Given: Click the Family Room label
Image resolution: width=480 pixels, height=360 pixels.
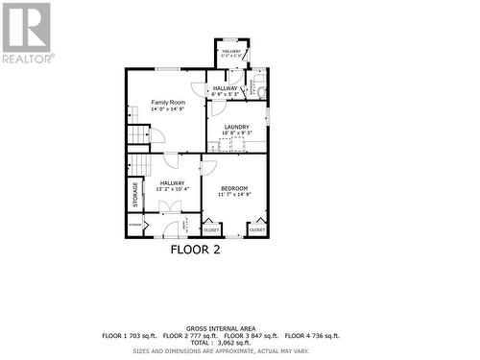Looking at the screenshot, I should click(166, 102).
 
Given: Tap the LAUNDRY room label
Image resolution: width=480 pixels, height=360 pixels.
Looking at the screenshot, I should click(236, 127).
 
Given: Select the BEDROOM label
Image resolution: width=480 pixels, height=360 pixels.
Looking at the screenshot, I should click(234, 187).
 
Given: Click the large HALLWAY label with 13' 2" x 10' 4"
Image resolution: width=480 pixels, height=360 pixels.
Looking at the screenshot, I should click(173, 182).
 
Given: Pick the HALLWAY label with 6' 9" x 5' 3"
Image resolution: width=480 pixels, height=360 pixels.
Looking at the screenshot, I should click(224, 88).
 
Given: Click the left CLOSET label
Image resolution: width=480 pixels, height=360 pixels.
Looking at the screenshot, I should click(211, 230).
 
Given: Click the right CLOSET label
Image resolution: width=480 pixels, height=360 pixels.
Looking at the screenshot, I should click(257, 230).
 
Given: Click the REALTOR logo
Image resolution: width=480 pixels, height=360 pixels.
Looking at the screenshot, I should click(26, 34).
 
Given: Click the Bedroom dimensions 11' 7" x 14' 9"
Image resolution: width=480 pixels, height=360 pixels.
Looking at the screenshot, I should click(234, 195).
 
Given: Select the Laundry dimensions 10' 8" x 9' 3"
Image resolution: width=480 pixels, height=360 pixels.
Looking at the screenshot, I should click(236, 134).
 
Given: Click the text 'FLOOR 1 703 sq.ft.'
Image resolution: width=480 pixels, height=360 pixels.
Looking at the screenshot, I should click(131, 336).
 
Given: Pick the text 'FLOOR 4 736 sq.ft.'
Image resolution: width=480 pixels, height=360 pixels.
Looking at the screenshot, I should click(311, 336).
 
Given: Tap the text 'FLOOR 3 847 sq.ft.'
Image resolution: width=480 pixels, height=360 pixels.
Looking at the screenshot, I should click(252, 336).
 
